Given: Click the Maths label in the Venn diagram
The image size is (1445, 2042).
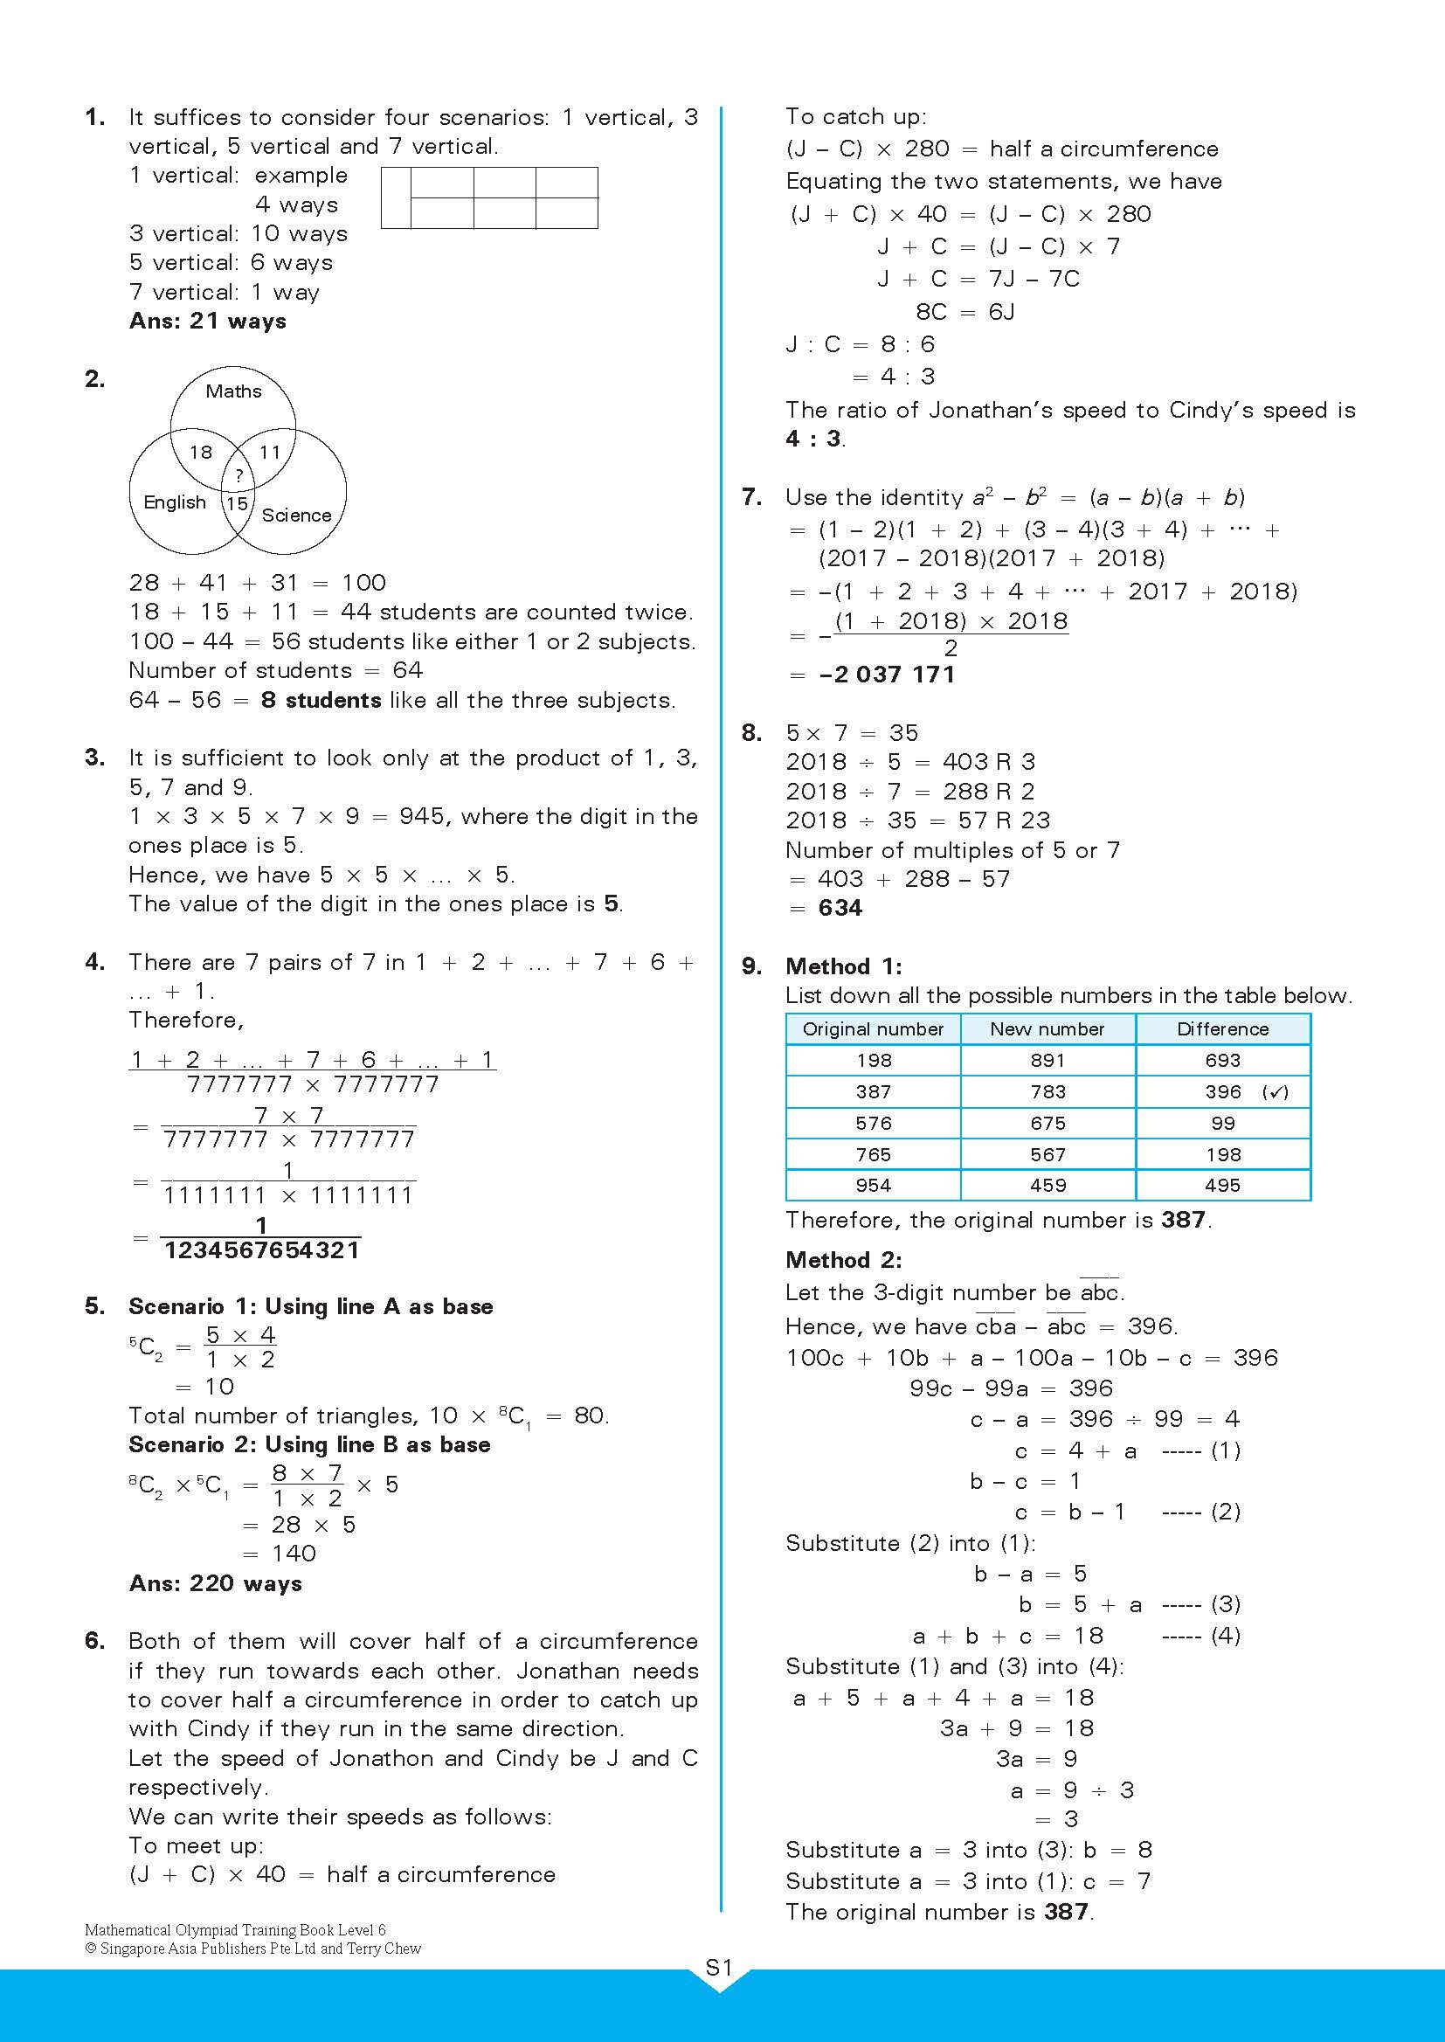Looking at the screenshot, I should (233, 391).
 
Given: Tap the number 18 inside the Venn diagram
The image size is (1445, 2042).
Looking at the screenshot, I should (201, 452).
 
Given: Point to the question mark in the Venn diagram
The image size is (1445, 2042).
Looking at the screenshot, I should (239, 476).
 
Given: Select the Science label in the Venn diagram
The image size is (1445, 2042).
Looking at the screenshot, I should (296, 516).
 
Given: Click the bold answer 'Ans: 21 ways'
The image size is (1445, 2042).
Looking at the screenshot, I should (207, 322).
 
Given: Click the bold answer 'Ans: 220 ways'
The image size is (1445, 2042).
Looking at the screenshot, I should (215, 1584).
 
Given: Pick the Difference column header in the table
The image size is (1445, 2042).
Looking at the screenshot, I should (1222, 1029).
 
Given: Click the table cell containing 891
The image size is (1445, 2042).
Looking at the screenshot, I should (1047, 1061).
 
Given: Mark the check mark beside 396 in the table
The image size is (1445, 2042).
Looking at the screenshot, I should (1275, 1092).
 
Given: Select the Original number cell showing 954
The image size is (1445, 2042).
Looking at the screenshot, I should (873, 1186).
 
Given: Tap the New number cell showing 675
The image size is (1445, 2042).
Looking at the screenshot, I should (1047, 1124).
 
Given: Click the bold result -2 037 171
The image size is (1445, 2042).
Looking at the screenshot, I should (887, 675).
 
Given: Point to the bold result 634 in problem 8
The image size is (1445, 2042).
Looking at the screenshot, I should (840, 909).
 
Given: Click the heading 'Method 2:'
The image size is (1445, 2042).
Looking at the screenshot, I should (844, 1260).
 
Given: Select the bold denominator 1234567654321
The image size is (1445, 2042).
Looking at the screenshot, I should (262, 1250).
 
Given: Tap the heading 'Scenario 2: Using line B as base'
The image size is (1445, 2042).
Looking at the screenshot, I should (309, 1444).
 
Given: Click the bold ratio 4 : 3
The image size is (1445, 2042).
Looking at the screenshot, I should (813, 439).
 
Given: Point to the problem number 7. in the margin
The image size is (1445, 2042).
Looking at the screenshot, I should (752, 497).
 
